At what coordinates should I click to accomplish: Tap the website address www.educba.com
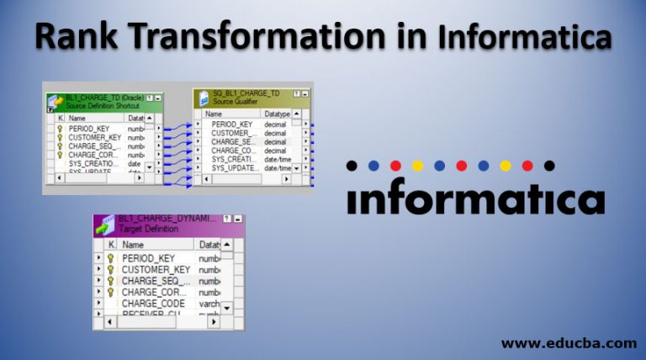pyautogui.click(x=569, y=342)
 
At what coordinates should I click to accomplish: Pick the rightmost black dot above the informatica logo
pyautogui.click(x=549, y=166)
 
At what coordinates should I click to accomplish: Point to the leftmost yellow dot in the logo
pyautogui.click(x=417, y=166)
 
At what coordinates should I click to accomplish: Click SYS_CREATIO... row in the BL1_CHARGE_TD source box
pyautogui.click(x=92, y=163)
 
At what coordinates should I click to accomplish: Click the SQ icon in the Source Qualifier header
pyautogui.click(x=204, y=99)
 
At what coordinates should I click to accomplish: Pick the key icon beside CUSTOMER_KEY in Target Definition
pyautogui.click(x=110, y=269)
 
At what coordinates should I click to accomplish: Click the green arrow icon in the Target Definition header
pyautogui.click(x=105, y=225)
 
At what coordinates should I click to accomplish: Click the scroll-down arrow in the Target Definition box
pyautogui.click(x=227, y=308)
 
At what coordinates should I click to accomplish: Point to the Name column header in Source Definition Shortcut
pyautogui.click(x=78, y=119)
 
